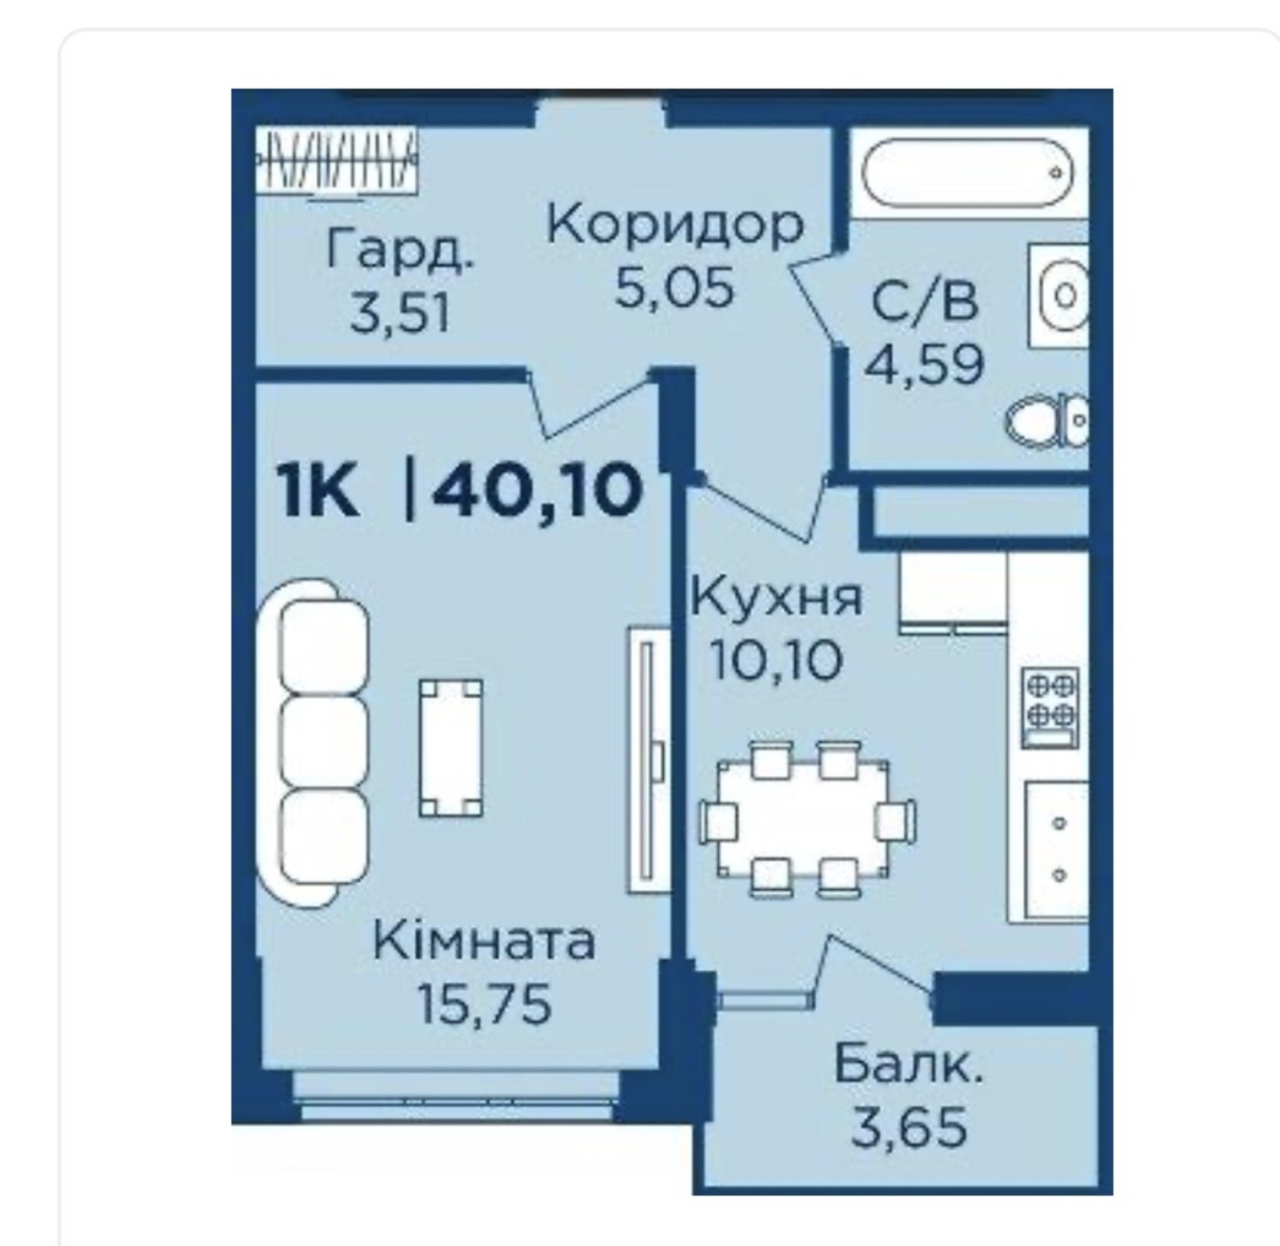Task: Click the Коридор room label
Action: [x=675, y=227]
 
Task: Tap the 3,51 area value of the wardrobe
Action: [x=400, y=314]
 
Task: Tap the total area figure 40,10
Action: [x=537, y=491]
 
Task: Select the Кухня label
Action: [x=777, y=597]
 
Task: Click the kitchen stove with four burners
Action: [x=1051, y=708]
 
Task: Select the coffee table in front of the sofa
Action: [x=451, y=748]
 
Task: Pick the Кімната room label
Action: [x=484, y=941]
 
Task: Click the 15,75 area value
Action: [x=484, y=1004]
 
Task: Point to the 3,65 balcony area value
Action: [x=910, y=1128]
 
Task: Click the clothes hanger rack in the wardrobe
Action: [x=337, y=162]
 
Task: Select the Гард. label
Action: [x=400, y=250]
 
